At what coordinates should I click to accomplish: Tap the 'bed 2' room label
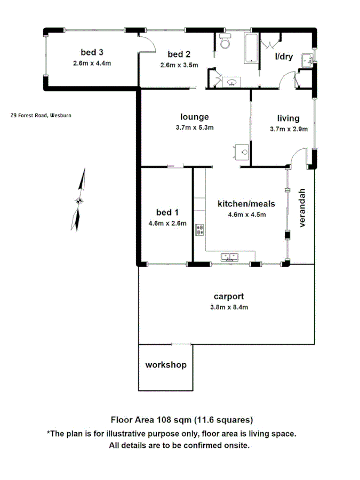pos(179,54)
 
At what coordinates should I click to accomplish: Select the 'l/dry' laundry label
pos(284,57)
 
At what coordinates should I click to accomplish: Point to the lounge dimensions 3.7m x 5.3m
pos(195,127)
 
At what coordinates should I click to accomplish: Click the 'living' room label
pos(288,118)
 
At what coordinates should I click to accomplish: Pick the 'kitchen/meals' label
pos(246,204)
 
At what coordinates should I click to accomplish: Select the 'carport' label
pos(229,297)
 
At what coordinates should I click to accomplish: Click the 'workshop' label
pos(166,365)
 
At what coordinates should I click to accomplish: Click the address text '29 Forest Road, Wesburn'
pos(41,115)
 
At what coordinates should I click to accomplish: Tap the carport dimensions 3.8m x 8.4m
pos(229,307)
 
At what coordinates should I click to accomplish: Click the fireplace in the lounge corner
pos(243,151)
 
